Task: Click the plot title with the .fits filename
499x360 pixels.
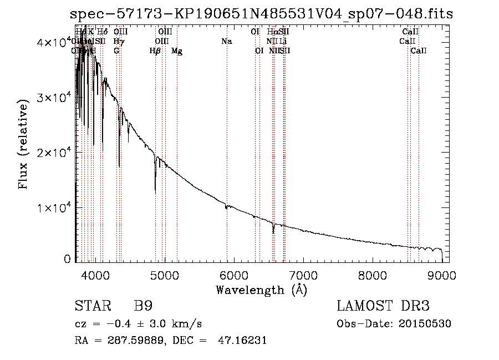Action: (262, 14)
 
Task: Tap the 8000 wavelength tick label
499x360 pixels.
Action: (372, 275)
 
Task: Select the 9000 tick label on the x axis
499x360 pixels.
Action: (441, 275)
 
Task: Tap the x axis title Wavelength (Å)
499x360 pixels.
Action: (261, 290)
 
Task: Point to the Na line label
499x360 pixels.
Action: (226, 42)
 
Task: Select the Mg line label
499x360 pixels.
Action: (177, 51)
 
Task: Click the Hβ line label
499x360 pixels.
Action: (155, 51)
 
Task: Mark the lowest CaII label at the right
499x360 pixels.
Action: (419, 51)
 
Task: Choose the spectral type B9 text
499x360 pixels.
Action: (143, 307)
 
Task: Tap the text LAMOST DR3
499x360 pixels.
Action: (383, 307)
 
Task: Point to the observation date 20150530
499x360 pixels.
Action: (427, 324)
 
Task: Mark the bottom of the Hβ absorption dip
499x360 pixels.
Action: (155, 191)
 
